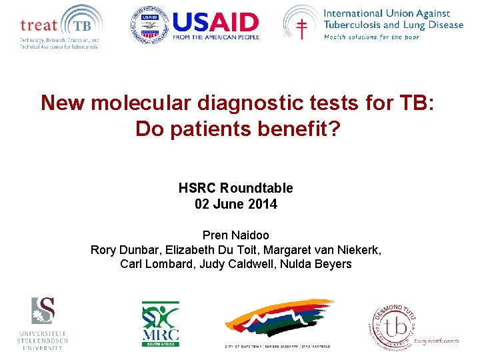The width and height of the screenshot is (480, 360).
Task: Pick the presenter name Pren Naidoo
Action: [235, 235]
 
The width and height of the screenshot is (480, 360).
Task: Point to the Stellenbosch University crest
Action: [43, 311]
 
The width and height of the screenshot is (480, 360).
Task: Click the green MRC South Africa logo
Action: [160, 324]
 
